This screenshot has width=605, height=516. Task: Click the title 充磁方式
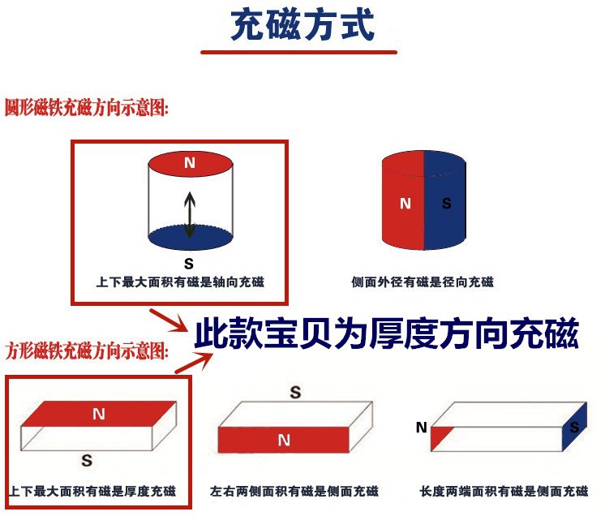(302, 26)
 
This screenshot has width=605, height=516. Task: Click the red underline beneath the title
(299, 53)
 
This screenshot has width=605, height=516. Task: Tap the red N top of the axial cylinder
(190, 163)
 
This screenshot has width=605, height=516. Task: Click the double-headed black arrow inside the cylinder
(190, 215)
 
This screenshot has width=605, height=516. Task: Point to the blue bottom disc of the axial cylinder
(190, 237)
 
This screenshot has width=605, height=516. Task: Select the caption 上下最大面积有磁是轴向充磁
(180, 282)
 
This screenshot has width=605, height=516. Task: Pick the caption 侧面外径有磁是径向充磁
(422, 282)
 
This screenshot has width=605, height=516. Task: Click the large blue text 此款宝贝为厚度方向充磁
(386, 333)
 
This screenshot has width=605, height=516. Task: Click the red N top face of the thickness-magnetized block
(99, 414)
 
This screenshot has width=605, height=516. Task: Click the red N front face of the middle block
(283, 441)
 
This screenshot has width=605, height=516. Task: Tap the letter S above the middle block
(296, 393)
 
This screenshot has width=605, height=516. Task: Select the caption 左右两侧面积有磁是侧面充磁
(294, 492)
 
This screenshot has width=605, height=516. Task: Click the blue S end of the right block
(574, 427)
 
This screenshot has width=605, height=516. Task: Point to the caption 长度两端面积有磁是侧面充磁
(504, 492)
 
